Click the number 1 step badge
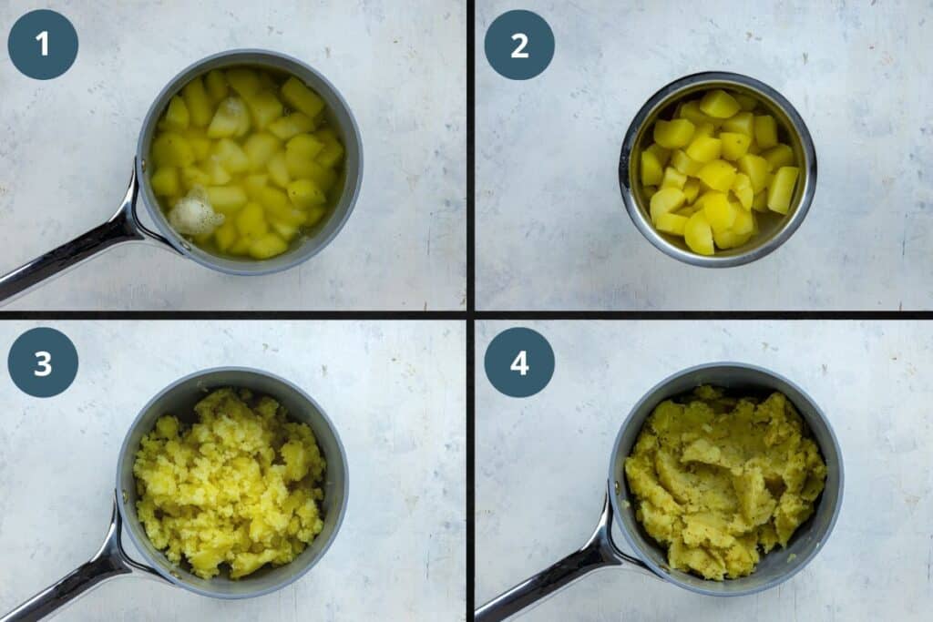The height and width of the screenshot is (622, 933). point(43,45)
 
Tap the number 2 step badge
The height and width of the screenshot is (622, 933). point(519,45)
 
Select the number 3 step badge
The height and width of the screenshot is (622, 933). point(43,362)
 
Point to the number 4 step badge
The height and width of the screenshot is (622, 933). point(519,362)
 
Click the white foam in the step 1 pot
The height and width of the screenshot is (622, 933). point(193,216)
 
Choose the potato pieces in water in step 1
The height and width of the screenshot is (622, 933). point(255,155)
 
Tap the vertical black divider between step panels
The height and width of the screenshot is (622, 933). point(470,155)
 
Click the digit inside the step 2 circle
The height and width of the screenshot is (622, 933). point(519,45)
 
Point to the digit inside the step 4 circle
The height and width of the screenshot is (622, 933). point(519,362)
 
